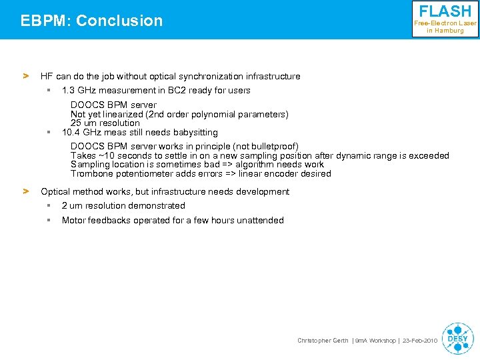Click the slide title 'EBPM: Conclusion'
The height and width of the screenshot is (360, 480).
(91, 21)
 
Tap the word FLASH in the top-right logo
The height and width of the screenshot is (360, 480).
(445, 11)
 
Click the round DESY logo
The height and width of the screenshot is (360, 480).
(457, 339)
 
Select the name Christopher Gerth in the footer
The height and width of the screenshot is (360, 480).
(323, 341)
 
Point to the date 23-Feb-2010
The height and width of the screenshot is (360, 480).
(420, 341)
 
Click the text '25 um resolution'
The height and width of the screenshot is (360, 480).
(105, 123)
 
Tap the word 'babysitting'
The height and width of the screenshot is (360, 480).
(195, 132)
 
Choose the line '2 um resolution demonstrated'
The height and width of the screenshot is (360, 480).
(123, 205)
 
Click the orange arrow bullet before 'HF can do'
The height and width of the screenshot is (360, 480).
(26, 76)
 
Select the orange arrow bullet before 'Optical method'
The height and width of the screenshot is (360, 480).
(26, 191)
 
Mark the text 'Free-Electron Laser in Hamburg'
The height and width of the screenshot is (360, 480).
(445, 27)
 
